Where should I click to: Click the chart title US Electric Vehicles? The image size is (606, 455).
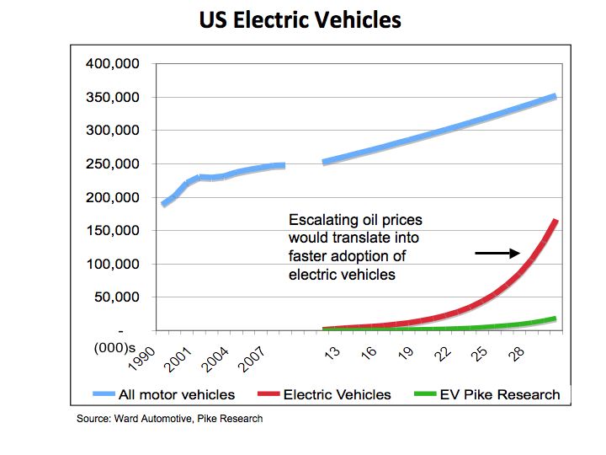coord(300,20)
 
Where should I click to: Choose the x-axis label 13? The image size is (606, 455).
coord(332,351)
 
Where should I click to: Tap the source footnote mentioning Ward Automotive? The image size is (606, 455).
coord(170,419)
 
